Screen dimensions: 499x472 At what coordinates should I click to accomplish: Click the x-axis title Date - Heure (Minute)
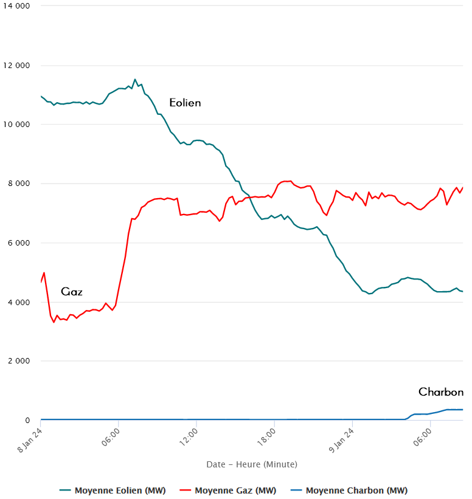pos(252,464)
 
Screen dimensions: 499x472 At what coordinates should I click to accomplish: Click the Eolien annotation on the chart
pos(185,103)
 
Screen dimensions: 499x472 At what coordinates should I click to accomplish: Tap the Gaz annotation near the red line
pos(72,292)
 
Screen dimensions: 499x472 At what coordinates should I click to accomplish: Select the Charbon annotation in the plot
pos(441,392)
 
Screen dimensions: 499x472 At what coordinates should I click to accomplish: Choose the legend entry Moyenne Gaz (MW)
pos(226,490)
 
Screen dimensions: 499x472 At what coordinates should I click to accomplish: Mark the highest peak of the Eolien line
pos(135,79)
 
